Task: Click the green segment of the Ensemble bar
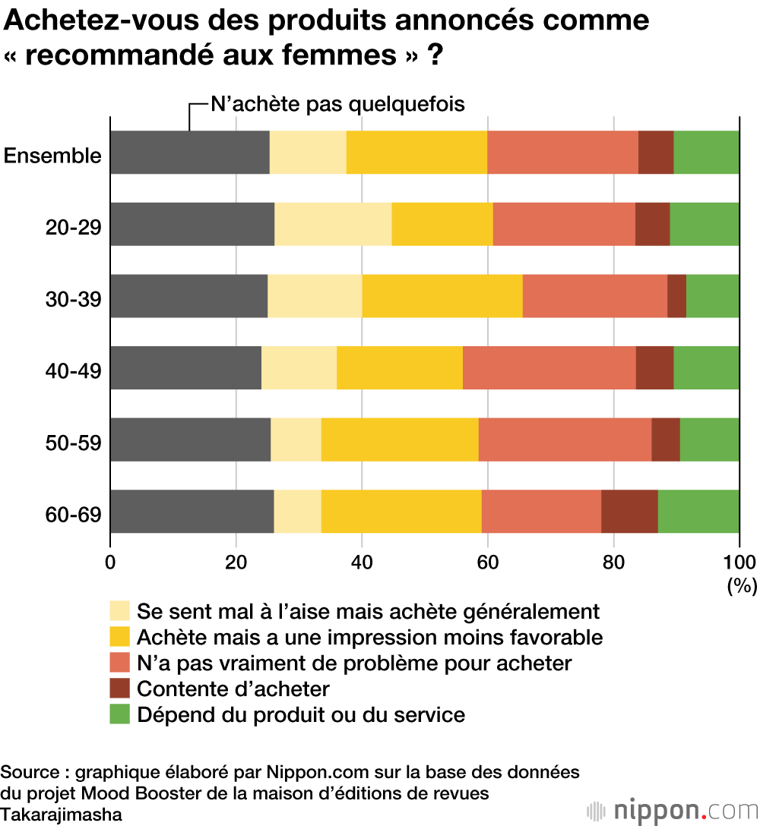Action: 706,153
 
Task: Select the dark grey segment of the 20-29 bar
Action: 192,225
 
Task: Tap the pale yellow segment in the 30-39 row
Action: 315,296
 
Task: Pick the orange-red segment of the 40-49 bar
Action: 549,368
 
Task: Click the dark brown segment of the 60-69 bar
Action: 629,512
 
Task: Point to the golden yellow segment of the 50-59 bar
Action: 400,440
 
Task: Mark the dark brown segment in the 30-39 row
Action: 676,296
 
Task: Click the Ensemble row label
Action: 52,156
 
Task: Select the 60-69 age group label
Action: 73,515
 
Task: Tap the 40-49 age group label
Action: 73,371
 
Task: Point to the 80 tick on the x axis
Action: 613,563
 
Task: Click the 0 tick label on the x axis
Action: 111,563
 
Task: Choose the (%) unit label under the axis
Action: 741,585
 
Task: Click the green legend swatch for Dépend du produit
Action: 120,714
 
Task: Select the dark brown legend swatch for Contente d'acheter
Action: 120,688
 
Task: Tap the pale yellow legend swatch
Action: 120,610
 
